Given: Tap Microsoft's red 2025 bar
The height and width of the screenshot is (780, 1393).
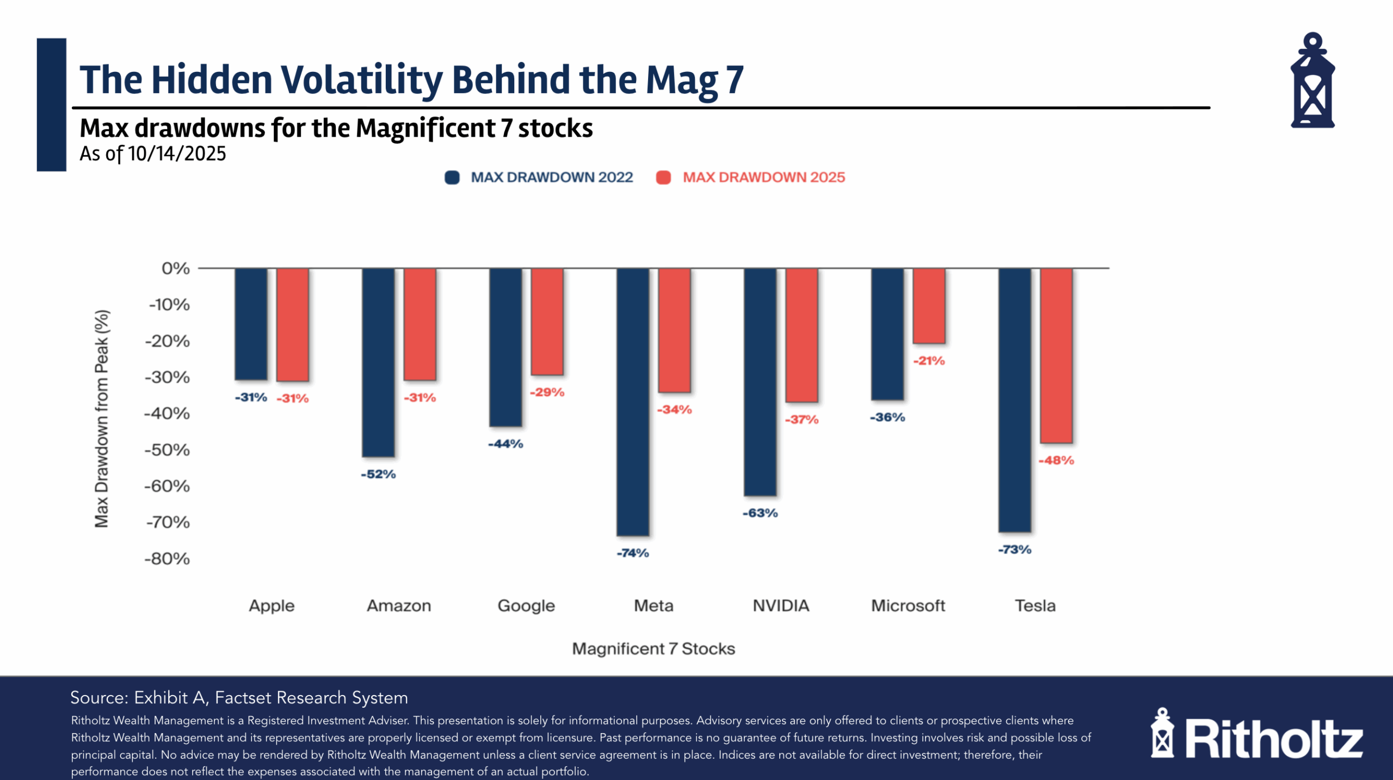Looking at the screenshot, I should [929, 306].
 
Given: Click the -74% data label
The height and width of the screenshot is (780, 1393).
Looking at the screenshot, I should [633, 553].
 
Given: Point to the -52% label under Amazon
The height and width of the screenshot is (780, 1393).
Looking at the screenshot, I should [378, 474].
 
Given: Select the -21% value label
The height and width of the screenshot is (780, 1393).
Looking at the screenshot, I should [929, 361].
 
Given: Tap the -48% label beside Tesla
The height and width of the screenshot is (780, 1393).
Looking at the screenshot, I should [1056, 460].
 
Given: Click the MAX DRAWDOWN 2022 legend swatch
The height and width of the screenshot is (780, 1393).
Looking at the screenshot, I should [452, 177].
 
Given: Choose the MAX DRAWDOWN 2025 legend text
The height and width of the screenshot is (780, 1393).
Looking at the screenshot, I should [763, 177].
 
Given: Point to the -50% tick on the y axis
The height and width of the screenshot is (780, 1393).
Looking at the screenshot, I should [167, 450].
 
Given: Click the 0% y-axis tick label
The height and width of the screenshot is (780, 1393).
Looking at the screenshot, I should [175, 268].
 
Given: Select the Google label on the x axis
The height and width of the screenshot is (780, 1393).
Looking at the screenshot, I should [526, 606].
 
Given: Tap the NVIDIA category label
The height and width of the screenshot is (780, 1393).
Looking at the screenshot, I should [781, 606].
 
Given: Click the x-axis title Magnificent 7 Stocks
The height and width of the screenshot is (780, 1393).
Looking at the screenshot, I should [653, 649].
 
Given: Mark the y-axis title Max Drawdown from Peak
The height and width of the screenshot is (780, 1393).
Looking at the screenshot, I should [102, 419].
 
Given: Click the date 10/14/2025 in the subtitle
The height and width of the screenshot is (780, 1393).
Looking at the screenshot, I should [177, 154].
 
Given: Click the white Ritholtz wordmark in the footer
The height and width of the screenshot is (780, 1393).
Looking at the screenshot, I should [1273, 739].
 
